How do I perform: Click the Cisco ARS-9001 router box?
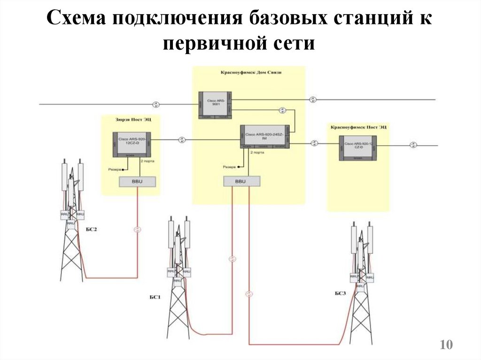click(215, 105)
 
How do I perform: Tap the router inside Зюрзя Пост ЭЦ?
click(132, 145)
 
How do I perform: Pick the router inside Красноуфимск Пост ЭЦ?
click(358, 148)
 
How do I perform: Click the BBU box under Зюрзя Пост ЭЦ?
click(138, 182)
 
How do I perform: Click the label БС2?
click(91, 229)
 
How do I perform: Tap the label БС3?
click(341, 294)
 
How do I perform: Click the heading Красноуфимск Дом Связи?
click(248, 73)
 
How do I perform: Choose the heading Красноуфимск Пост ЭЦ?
click(358, 127)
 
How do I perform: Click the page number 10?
click(446, 345)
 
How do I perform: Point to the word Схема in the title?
click(76, 21)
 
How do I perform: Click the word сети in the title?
click(295, 44)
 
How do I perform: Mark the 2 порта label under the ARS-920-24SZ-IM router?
click(257, 153)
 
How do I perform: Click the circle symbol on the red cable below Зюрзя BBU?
click(137, 230)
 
